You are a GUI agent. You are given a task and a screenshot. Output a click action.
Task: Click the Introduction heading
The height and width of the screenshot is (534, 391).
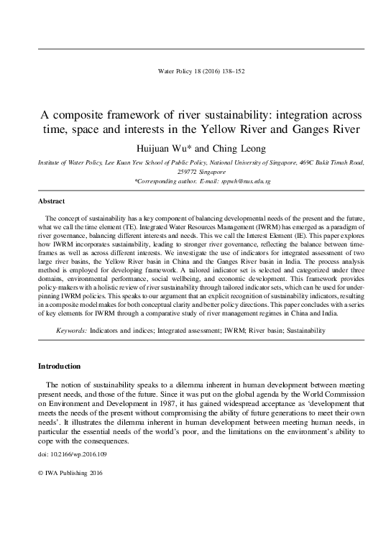tap(60, 366)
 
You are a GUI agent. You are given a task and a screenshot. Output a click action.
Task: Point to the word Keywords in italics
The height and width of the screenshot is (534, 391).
tap(71, 331)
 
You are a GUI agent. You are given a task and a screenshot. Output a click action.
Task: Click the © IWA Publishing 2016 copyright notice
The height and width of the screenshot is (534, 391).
tap(71, 496)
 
